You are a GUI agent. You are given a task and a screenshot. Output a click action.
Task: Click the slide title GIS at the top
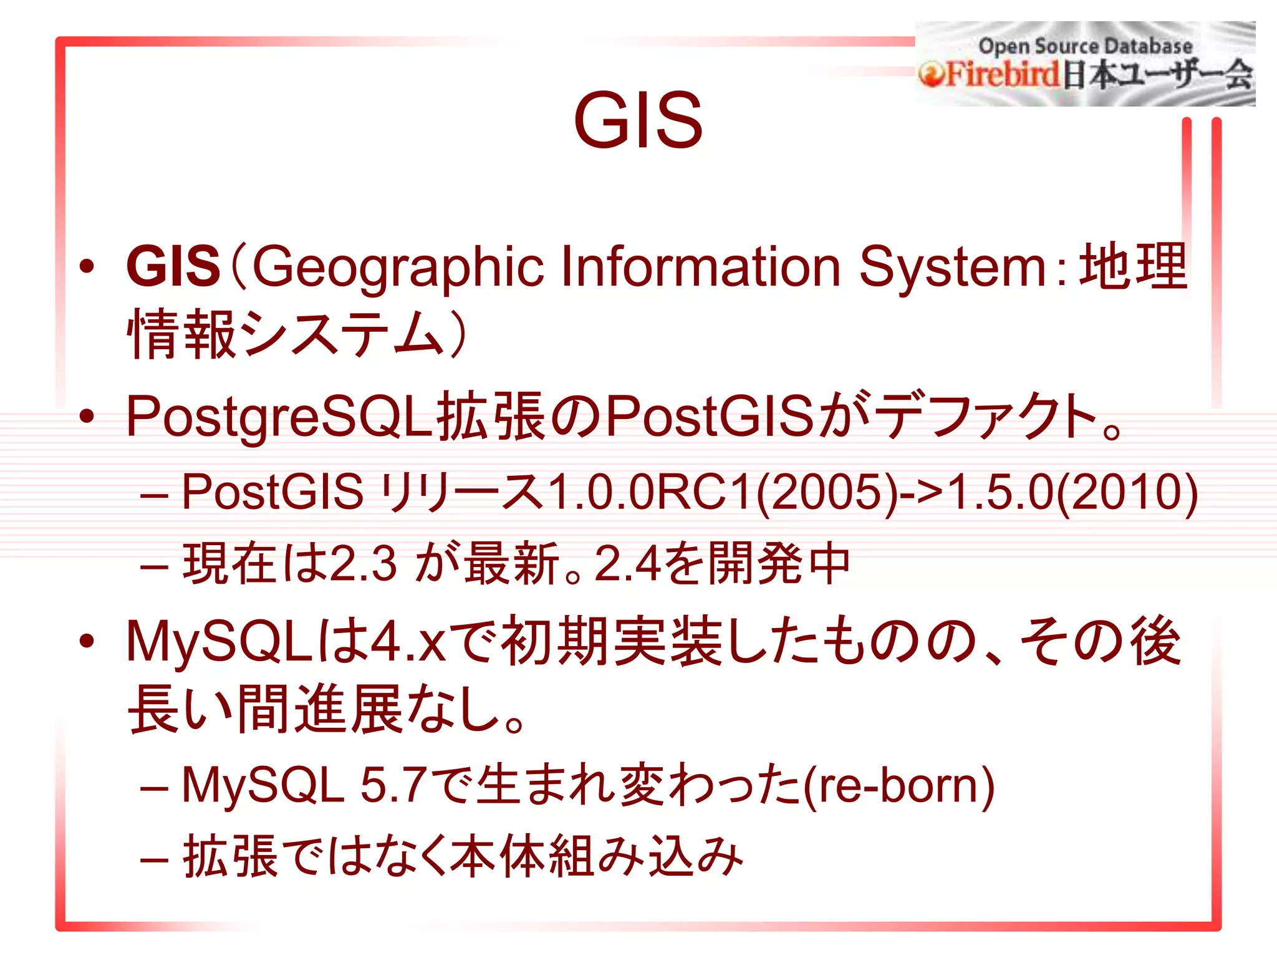[638, 120]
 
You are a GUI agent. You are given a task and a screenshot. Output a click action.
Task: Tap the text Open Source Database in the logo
[1085, 46]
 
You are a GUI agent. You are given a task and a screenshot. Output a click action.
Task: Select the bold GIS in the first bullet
[173, 266]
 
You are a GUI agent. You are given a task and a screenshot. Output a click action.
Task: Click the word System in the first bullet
[952, 268]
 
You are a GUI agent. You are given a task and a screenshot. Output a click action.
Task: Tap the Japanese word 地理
[1133, 266]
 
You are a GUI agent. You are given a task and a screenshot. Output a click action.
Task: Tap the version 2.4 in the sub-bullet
[627, 564]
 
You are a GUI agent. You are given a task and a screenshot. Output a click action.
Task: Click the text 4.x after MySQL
[407, 642]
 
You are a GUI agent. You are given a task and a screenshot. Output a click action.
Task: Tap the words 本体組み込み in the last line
[596, 857]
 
